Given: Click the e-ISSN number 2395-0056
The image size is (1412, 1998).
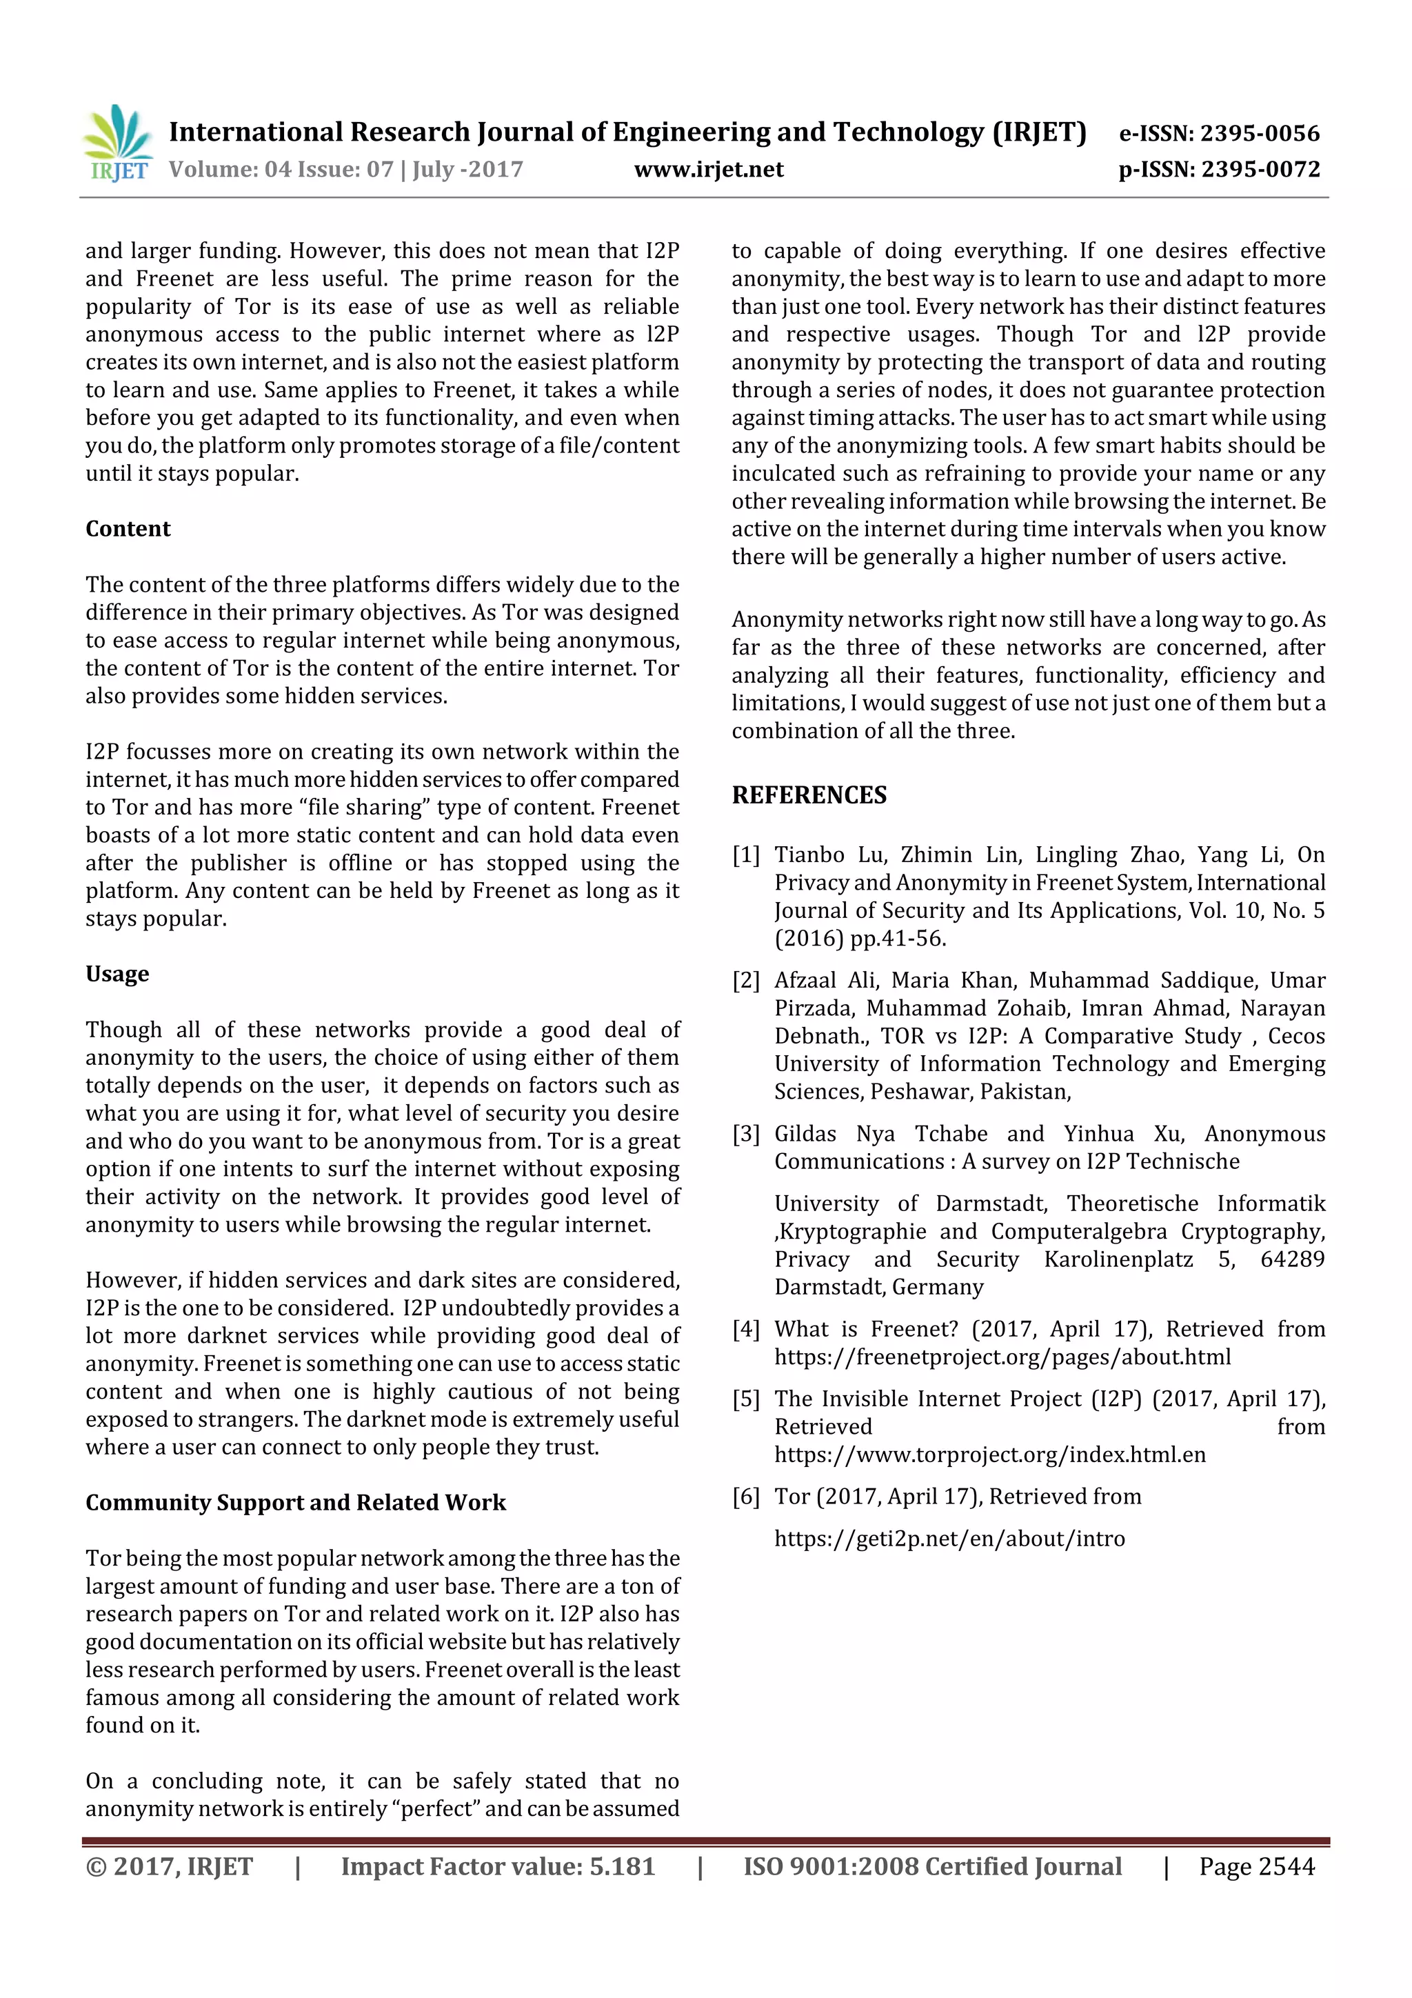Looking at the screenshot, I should click(x=1259, y=133).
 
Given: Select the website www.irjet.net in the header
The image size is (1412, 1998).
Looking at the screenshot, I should click(x=708, y=169).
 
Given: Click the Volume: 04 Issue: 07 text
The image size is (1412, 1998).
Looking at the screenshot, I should click(x=281, y=169).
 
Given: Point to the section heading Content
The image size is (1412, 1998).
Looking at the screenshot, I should click(x=128, y=528).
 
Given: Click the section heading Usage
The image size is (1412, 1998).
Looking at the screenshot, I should click(x=117, y=973).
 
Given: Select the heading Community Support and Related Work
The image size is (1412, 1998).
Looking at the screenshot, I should click(x=295, y=1502).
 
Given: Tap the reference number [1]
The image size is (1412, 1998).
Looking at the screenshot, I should click(x=745, y=855).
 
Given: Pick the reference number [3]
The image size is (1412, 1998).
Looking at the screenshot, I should click(x=745, y=1133).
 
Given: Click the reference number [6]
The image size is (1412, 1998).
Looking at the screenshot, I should click(x=745, y=1496).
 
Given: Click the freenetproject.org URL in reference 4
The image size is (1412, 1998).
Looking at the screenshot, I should click(x=1002, y=1357).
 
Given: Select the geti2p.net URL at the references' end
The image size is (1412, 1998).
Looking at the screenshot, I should click(x=949, y=1538).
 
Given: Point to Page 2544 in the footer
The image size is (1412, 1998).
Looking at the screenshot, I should click(x=1256, y=1866).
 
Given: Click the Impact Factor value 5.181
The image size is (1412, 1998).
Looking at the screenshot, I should click(x=621, y=1866).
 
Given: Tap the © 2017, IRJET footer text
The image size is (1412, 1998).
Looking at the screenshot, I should click(x=169, y=1866).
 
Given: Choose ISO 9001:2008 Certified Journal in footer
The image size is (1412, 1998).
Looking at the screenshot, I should click(x=931, y=1866).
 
